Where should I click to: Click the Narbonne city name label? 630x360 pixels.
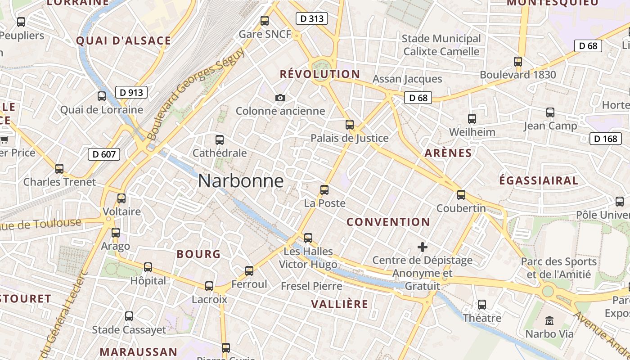tap(241, 181)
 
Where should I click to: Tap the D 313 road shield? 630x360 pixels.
tap(311, 18)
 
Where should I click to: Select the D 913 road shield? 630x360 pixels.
tap(131, 93)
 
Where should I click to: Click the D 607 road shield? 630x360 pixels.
tap(104, 154)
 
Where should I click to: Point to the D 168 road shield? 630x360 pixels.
tap(605, 139)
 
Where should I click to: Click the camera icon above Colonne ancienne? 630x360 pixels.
tap(280, 98)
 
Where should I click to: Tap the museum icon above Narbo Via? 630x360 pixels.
tap(549, 321)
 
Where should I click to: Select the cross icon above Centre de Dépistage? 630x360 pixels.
tap(422, 247)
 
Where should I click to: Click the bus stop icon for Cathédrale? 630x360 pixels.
tap(220, 140)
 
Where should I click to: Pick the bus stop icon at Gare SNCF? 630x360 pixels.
tap(265, 21)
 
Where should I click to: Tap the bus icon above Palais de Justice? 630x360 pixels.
tap(350, 125)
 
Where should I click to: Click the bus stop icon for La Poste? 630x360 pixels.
tap(324, 190)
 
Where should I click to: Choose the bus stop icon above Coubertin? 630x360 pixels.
tap(461, 195)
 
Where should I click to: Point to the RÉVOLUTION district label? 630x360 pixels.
tap(320, 74)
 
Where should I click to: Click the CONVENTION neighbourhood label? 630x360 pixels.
tap(388, 222)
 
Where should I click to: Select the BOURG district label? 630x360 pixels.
tap(198, 254)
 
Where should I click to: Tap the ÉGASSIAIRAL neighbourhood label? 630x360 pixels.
tap(539, 181)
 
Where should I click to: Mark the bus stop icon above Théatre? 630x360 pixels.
tap(482, 305)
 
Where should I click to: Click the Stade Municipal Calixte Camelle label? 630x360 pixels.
tap(441, 45)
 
